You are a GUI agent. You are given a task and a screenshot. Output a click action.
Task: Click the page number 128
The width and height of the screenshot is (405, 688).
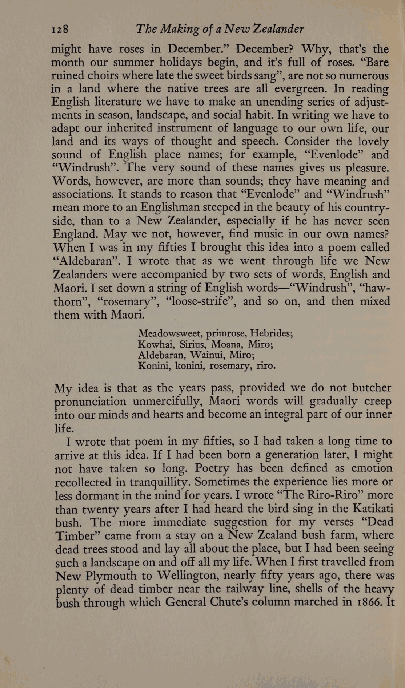pos(60,29)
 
